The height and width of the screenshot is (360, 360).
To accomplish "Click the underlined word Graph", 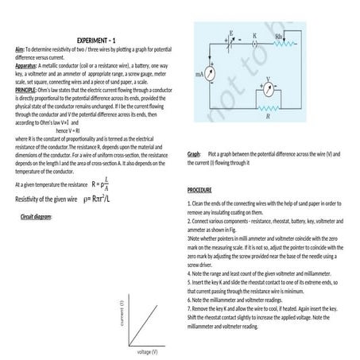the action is (194, 153).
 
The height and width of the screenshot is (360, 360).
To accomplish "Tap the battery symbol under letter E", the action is (231, 42).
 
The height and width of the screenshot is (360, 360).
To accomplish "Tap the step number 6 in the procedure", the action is (190, 301).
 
